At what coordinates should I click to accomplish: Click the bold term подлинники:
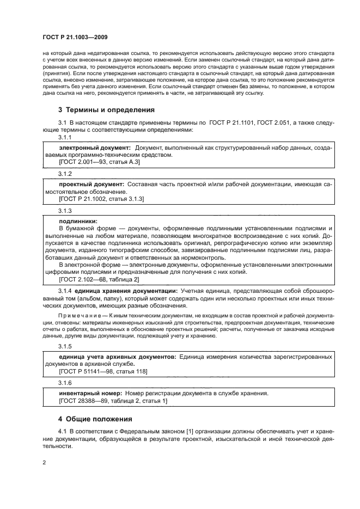[78, 221]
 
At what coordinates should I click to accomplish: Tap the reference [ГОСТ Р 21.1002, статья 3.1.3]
[101, 199]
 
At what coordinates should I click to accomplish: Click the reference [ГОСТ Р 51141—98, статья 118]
[102, 371]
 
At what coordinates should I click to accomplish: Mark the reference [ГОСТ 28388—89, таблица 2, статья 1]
[113, 401]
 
